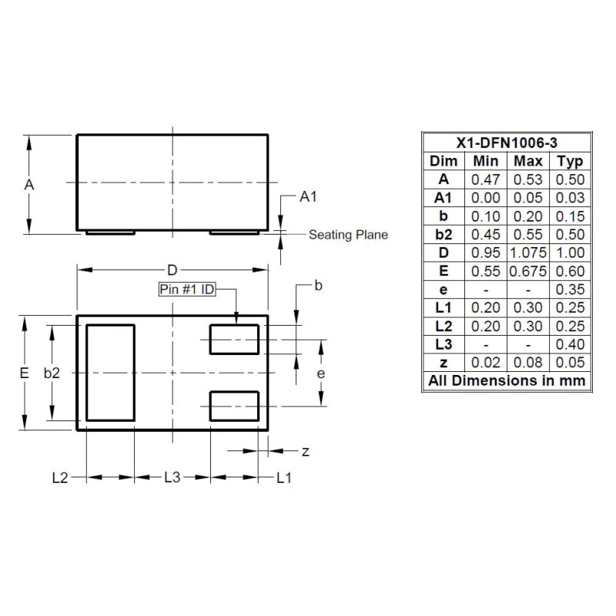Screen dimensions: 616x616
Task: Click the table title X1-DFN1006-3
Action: (507, 142)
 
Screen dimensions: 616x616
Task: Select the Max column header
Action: (527, 161)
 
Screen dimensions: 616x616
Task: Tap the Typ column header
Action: (570, 161)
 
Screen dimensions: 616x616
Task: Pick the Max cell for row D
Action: (527, 253)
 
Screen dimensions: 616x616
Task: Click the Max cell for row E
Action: (527, 271)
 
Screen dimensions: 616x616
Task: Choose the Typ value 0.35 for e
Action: (570, 290)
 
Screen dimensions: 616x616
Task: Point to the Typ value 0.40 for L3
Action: (570, 344)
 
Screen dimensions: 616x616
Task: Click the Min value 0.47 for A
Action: (485, 179)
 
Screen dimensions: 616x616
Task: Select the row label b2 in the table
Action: (443, 234)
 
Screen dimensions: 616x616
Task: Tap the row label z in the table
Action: (443, 363)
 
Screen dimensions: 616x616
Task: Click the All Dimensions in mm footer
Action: (507, 381)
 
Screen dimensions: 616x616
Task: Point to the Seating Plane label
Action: (348, 235)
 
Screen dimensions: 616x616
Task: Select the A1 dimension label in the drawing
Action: (309, 198)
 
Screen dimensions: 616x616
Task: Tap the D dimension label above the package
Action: (172, 269)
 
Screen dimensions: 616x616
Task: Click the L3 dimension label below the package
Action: (172, 478)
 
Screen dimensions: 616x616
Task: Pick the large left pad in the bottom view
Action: (110, 373)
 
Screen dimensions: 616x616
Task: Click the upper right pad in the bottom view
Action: (234, 339)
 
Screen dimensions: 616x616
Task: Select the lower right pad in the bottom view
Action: (234, 406)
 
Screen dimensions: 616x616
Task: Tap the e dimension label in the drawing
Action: (321, 373)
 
